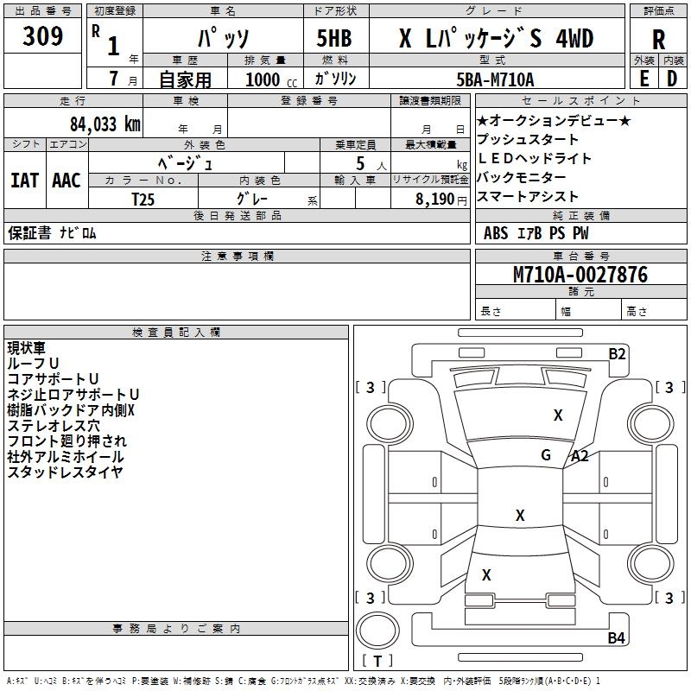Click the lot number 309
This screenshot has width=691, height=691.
(43, 37)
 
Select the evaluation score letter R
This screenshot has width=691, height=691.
(658, 39)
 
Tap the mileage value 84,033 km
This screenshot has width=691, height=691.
(105, 124)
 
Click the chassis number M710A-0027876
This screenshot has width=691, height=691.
(580, 275)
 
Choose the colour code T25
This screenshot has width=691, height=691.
(143, 199)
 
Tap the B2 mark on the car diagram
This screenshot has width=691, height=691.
(617, 353)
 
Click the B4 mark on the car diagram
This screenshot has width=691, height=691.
(616, 638)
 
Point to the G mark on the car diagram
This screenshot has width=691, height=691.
(546, 455)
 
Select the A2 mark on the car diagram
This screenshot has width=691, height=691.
(579, 456)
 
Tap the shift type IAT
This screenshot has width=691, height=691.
(24, 180)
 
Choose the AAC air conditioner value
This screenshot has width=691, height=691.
(67, 180)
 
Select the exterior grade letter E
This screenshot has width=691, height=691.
(643, 79)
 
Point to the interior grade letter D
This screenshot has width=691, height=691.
(672, 79)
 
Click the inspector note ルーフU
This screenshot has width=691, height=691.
(34, 364)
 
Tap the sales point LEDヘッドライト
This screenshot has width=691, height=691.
(535, 158)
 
